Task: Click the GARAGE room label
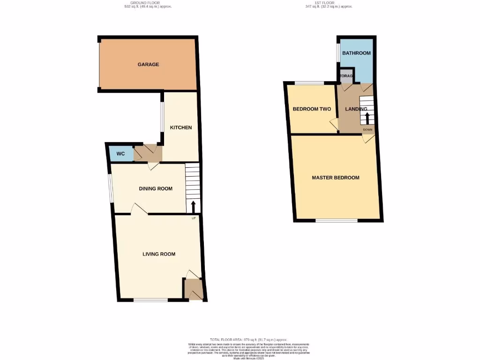(148, 64)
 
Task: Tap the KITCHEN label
(180, 127)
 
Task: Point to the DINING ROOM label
(156, 189)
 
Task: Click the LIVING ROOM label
(159, 254)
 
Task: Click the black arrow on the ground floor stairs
(193, 205)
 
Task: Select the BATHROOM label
(356, 53)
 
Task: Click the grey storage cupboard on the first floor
(346, 76)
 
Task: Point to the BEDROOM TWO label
(312, 109)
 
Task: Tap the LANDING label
(356, 109)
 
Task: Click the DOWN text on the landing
(367, 130)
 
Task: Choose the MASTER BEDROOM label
(336, 178)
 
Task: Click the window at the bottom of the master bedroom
(337, 220)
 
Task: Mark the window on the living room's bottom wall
(150, 300)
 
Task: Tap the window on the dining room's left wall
(111, 188)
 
